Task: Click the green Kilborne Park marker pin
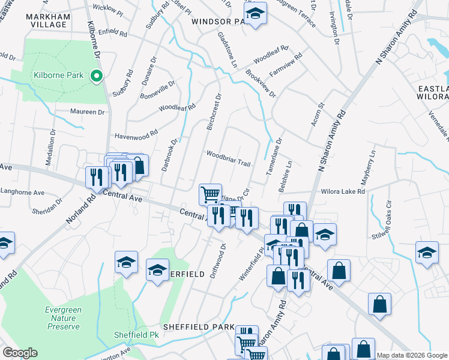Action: point(95,76)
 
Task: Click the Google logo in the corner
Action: point(20,353)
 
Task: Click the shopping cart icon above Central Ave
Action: point(210,194)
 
